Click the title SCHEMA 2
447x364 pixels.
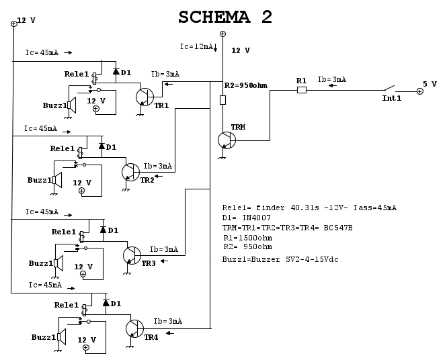225,17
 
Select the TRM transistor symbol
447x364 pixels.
227,140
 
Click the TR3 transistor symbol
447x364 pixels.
131,255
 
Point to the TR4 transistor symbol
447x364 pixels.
134,328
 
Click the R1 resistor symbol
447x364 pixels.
302,89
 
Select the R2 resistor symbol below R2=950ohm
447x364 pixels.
223,100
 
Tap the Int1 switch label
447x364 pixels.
391,98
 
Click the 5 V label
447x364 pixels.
430,84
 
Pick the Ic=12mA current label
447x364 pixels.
196,46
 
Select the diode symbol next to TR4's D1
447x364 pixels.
106,303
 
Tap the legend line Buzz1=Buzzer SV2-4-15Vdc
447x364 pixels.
280,259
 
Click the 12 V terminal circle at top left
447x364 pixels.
13,24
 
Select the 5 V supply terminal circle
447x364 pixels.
419,91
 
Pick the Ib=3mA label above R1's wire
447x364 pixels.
331,79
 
